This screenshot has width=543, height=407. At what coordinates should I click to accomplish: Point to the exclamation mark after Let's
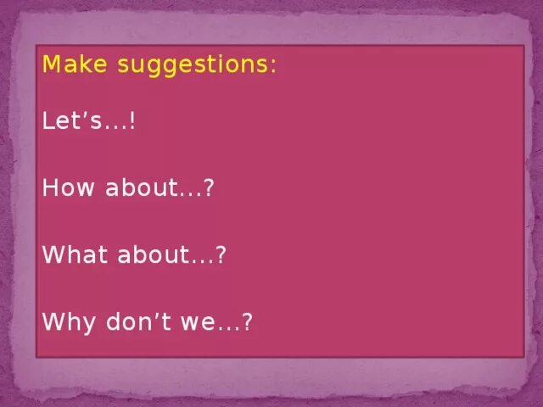(x=132, y=122)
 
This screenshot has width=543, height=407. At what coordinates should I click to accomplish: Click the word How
(x=69, y=188)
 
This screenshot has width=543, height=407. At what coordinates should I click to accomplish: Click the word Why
(x=70, y=323)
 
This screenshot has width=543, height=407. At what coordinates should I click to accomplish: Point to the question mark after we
(x=248, y=322)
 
